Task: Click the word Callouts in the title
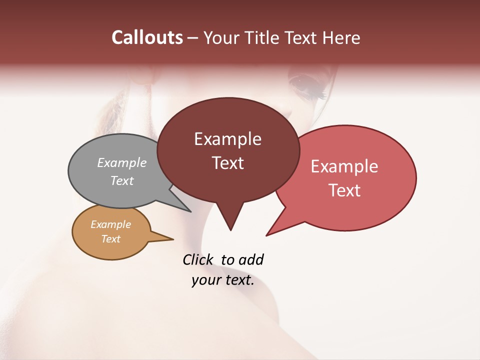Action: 147,37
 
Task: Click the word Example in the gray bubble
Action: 122,162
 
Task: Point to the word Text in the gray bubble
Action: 122,180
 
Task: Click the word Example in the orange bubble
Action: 110,224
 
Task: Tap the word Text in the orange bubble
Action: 111,239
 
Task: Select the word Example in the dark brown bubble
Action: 227,139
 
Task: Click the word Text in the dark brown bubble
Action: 228,163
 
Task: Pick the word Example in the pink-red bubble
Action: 344,166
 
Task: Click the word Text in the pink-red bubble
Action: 345,190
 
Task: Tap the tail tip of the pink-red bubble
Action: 267,234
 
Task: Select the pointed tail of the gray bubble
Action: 189,211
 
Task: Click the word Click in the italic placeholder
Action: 197,259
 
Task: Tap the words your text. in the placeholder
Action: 223,280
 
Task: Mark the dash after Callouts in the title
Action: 193,38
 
